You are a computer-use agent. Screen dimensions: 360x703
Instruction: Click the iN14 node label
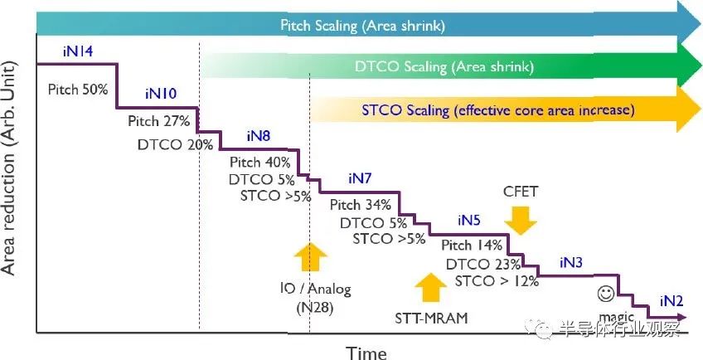pos(77,52)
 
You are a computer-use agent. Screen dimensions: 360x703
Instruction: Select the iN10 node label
pos(160,93)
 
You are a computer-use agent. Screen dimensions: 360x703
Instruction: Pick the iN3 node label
pos(570,263)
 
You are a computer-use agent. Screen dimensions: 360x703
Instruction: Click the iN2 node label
pos(671,301)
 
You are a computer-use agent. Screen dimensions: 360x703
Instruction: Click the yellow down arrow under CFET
pos(521,220)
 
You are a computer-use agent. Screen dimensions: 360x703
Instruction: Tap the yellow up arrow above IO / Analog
pos(309,258)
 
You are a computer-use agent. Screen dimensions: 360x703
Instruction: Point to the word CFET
pos(521,192)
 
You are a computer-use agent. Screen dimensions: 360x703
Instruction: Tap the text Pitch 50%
pos(78,90)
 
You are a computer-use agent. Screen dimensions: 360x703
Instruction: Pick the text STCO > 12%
pos(497,282)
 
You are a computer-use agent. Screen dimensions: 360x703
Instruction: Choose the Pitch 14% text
pos(472,246)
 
